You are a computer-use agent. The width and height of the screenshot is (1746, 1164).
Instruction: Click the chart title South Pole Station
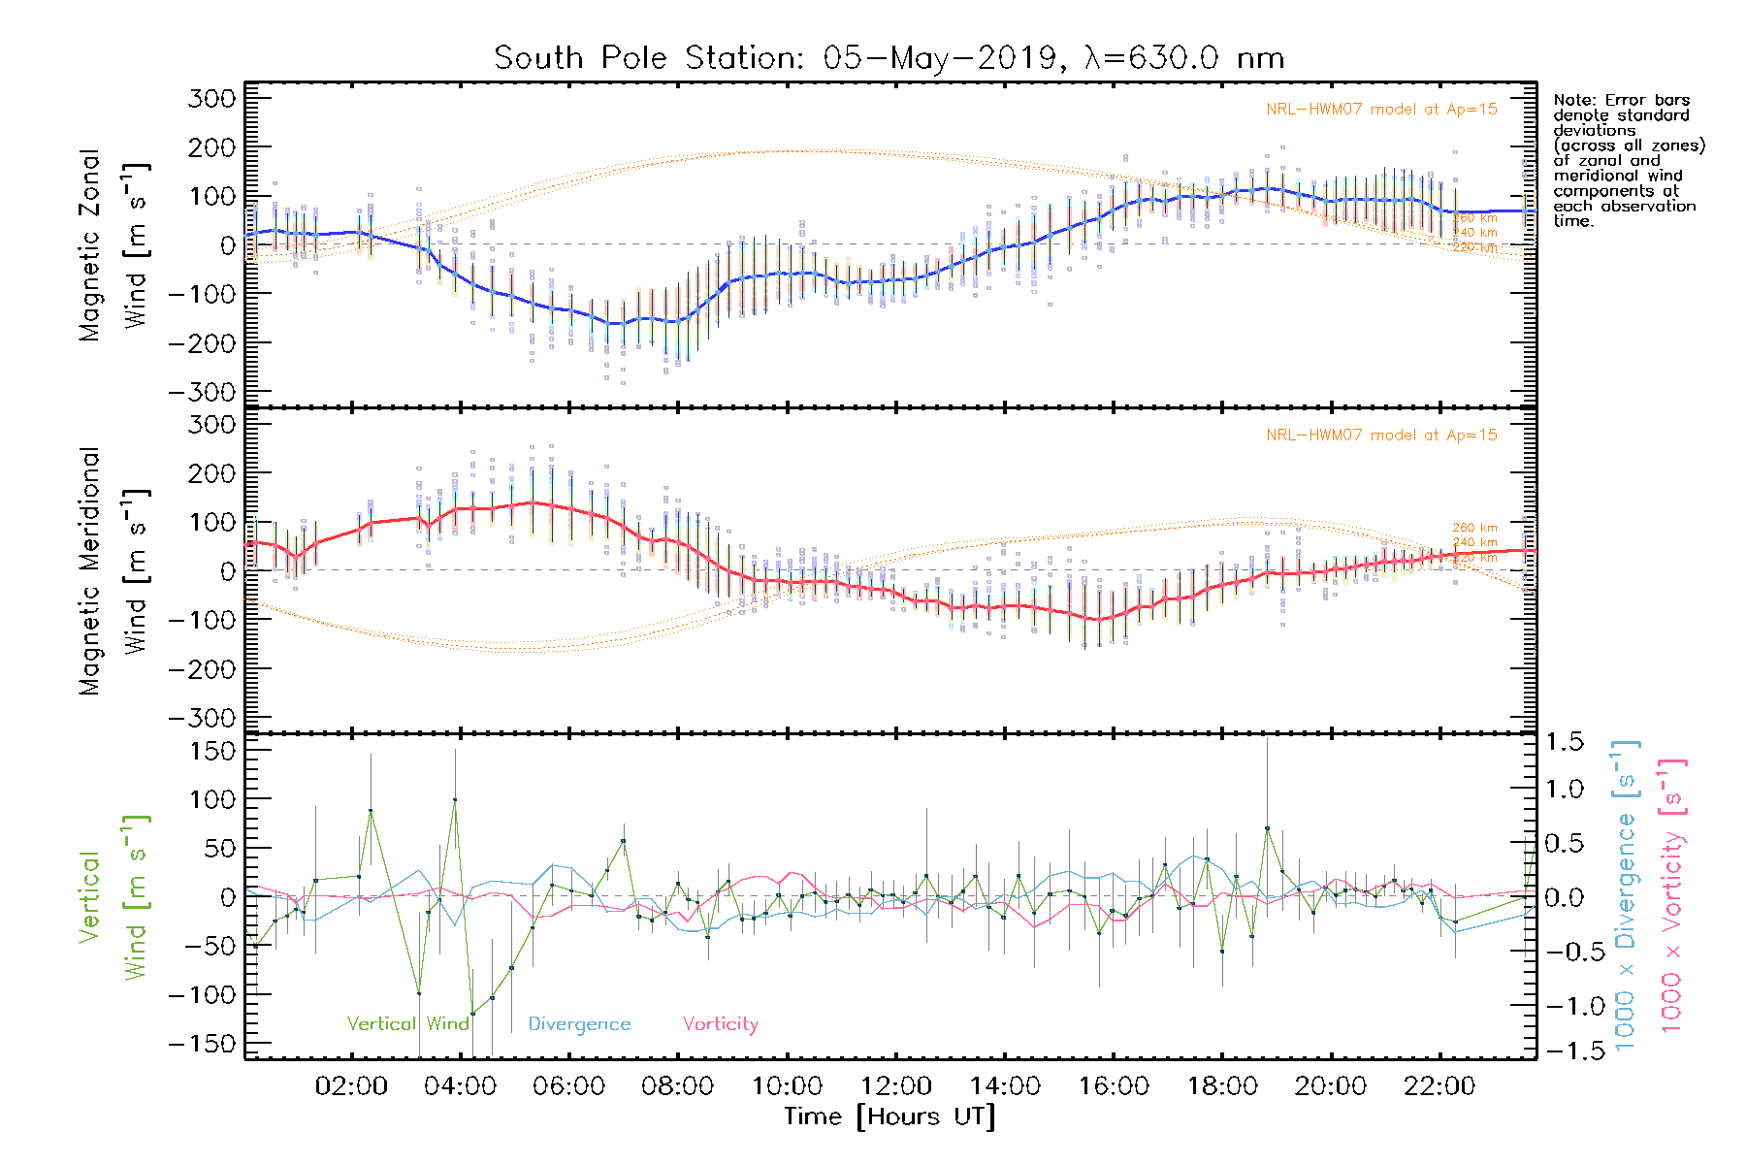pos(889,58)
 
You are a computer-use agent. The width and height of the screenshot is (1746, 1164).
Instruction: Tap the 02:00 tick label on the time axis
pos(351,1086)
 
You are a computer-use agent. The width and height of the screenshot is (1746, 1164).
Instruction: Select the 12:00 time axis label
pos(895,1086)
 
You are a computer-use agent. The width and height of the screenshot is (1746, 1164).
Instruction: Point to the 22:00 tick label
pos(1439,1086)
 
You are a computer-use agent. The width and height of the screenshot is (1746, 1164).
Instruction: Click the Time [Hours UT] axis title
pos(889,1116)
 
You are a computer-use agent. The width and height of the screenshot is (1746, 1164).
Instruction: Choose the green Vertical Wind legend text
pos(407,1023)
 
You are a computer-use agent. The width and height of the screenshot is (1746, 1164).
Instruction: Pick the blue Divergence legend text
pos(579,1024)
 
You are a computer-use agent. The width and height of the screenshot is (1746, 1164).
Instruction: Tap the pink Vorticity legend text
pos(720,1023)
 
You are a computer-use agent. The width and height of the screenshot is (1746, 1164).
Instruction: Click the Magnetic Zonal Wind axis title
pos(113,245)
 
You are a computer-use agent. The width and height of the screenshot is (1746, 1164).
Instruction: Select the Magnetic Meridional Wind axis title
pos(113,571)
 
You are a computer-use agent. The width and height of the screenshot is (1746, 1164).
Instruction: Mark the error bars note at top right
pos(1628,160)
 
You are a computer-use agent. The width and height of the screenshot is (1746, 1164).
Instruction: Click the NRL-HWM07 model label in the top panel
pos(1381,110)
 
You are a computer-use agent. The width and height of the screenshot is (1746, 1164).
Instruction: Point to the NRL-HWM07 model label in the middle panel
pos(1381,436)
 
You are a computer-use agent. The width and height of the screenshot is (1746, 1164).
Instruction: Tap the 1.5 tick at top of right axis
pos(1564,742)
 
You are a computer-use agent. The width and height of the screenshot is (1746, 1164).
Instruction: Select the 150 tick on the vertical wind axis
pos(212,751)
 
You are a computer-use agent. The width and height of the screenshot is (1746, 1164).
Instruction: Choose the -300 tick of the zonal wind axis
pos(202,393)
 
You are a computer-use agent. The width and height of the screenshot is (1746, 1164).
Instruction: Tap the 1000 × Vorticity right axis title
pos(1671,894)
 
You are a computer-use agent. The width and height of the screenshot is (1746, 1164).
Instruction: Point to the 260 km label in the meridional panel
pos(1474,528)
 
